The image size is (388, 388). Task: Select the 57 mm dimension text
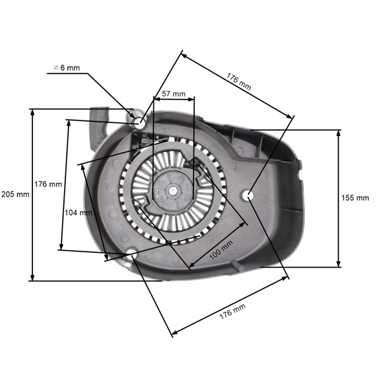[x=173, y=94]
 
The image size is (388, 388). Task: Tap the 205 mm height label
[x=15, y=194]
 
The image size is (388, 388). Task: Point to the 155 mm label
[x=356, y=197]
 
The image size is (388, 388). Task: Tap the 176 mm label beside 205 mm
[x=48, y=184]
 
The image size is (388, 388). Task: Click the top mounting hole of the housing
[x=139, y=122]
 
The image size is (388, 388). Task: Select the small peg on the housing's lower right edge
[x=241, y=265]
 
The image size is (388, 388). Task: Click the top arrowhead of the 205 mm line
[x=32, y=111]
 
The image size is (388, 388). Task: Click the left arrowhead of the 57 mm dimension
[x=155, y=99]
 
